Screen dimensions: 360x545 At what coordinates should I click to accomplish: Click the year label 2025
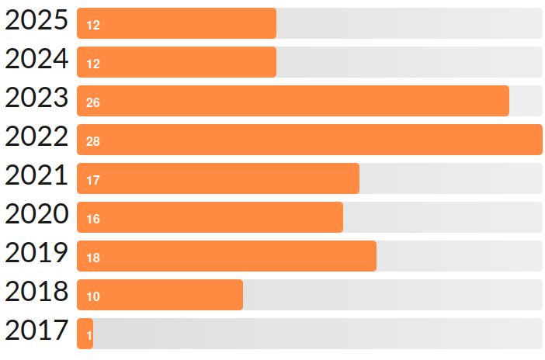click(36, 22)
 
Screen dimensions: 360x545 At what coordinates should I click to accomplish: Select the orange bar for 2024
click(177, 62)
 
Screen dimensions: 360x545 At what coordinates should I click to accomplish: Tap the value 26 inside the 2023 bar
click(93, 102)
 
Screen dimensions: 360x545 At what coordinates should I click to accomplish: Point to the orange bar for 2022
click(311, 140)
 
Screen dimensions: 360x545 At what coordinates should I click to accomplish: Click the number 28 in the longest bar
click(93, 141)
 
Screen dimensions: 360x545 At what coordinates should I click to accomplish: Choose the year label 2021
click(36, 177)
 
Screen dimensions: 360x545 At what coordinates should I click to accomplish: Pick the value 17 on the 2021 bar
click(93, 180)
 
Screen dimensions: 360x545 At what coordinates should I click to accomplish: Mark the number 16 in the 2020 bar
click(93, 219)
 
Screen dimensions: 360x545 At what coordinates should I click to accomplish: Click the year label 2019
click(36, 254)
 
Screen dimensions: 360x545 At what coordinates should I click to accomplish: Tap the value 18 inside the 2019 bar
click(93, 258)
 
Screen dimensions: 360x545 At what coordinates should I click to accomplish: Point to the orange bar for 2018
click(161, 295)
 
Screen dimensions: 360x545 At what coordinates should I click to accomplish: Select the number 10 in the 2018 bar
click(93, 296)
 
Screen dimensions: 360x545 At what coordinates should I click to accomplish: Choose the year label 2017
click(36, 332)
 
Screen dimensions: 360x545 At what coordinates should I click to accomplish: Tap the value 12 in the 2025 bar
click(93, 25)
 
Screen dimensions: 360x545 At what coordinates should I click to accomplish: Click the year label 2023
click(36, 99)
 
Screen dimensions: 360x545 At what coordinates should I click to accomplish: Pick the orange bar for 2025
click(177, 23)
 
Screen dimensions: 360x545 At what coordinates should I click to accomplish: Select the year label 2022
click(36, 138)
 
